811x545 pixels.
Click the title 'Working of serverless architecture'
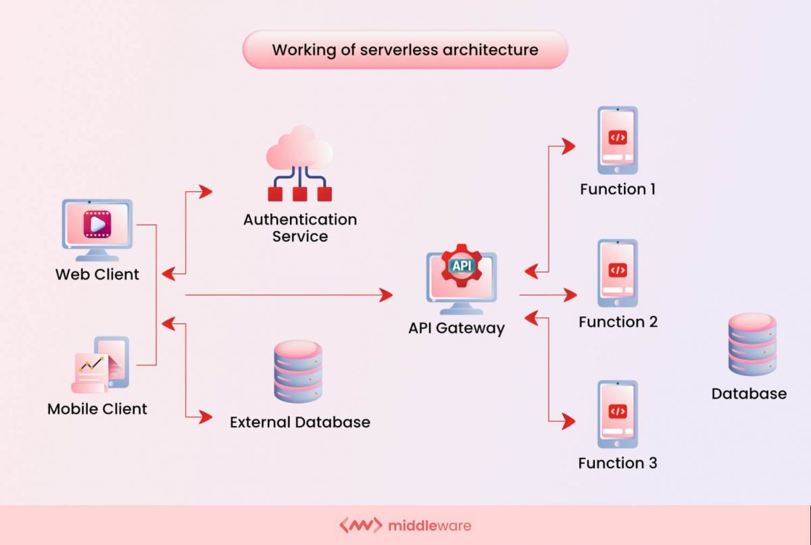click(405, 50)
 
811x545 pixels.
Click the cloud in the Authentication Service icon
click(299, 153)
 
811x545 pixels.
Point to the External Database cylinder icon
click(298, 371)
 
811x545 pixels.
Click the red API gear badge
click(462, 265)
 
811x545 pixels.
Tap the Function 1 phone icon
click(617, 140)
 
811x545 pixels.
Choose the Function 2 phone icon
click(617, 272)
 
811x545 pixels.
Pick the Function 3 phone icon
click(617, 413)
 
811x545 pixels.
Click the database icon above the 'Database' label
click(752, 344)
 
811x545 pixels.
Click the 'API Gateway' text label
click(456, 328)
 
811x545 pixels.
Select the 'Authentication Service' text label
click(300, 228)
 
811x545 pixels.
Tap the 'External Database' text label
click(300, 422)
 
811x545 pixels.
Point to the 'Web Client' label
click(97, 275)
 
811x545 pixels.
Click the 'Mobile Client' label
click(97, 409)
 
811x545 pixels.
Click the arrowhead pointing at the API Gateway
click(386, 294)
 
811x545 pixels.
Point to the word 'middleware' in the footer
click(430, 525)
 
